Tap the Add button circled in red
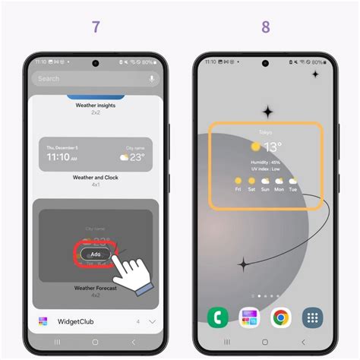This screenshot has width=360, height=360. (x=95, y=254)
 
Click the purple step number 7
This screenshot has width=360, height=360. (x=96, y=27)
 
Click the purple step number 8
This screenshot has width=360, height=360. (x=265, y=27)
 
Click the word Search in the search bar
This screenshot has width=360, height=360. (x=49, y=78)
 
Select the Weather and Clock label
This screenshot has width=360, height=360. (x=96, y=177)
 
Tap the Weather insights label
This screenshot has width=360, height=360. (x=96, y=106)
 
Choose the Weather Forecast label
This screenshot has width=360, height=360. (x=96, y=289)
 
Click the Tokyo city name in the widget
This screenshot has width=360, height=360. (x=265, y=131)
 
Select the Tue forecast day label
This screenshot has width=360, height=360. (x=292, y=189)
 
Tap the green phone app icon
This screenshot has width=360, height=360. (x=217, y=317)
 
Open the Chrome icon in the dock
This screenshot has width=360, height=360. (x=281, y=317)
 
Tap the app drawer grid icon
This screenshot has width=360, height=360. (x=312, y=317)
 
